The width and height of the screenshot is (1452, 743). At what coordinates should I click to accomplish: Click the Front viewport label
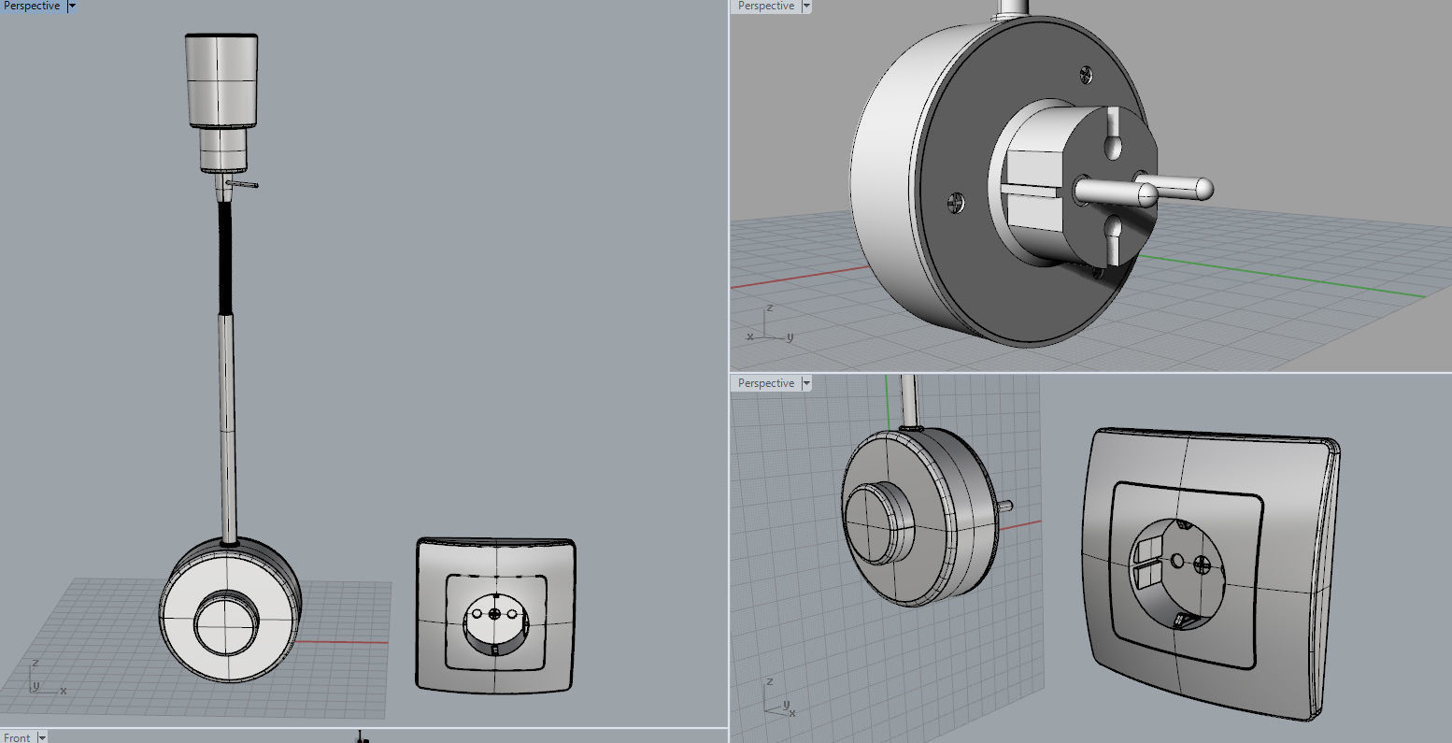pyautogui.click(x=17, y=737)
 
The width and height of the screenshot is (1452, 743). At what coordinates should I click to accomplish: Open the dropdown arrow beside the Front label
pyautogui.click(x=41, y=737)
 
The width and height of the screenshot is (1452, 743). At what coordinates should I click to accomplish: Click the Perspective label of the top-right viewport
pyautogui.click(x=765, y=7)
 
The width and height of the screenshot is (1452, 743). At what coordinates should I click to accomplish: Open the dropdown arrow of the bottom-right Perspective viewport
pyautogui.click(x=806, y=384)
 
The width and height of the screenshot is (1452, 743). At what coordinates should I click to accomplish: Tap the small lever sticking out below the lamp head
pyautogui.click(x=247, y=184)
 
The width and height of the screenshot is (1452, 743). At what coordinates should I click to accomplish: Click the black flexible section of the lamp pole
pyautogui.click(x=224, y=257)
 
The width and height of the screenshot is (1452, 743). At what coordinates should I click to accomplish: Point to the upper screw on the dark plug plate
pyautogui.click(x=1086, y=73)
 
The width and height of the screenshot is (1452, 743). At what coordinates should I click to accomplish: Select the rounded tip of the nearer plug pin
pyautogui.click(x=1146, y=195)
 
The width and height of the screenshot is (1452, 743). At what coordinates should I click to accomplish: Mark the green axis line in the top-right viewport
pyautogui.click(x=1308, y=279)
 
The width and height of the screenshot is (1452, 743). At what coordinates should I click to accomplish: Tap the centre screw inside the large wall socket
pyautogui.click(x=1203, y=565)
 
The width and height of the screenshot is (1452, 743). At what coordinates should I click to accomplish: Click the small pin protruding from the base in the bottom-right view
pyautogui.click(x=1007, y=506)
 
